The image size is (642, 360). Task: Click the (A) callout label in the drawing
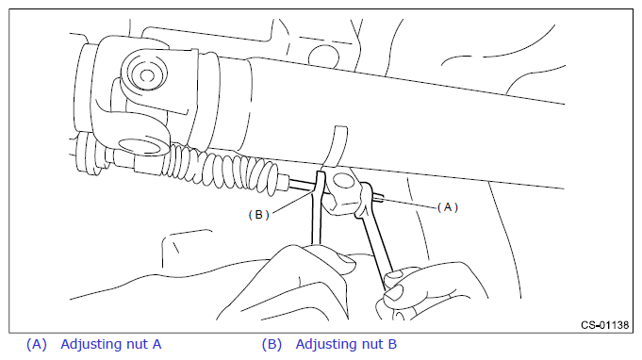coord(448,207)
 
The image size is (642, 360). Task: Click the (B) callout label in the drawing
coord(258,215)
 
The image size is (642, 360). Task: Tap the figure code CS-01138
coord(604,325)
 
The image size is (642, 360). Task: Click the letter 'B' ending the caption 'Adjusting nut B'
coord(392,344)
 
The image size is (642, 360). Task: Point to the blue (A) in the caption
coord(37,345)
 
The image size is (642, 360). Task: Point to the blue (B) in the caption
coord(272,345)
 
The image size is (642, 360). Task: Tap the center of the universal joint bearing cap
coord(146,74)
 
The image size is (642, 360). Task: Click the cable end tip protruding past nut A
coord(379,198)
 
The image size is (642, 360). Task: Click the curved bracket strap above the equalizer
coord(337,147)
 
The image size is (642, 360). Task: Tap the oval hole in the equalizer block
coord(343,181)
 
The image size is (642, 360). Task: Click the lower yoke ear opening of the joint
coord(140,146)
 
